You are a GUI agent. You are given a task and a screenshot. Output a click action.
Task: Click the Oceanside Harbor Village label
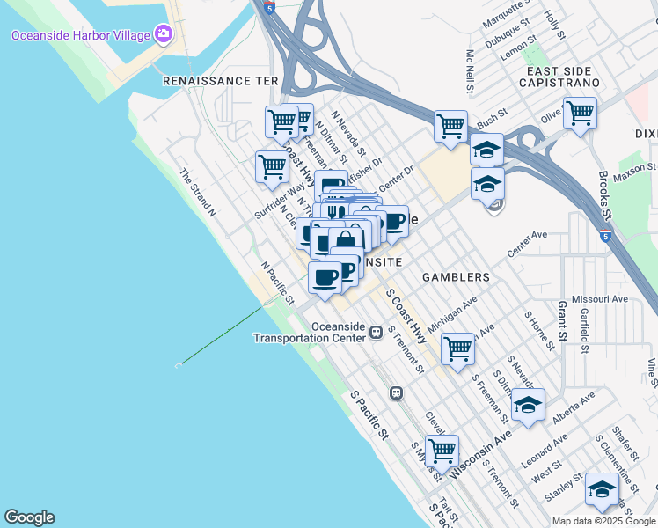click(79, 35)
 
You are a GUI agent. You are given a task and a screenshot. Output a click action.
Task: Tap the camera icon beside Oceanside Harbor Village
click(162, 34)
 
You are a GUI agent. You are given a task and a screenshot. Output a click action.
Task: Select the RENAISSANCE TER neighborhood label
click(220, 80)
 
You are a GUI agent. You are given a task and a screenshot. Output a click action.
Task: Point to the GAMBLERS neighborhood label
click(456, 277)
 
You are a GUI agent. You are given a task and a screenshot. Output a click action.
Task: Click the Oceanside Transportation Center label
click(308, 332)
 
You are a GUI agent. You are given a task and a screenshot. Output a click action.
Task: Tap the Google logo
click(29, 517)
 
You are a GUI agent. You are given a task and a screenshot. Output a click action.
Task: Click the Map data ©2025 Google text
click(604, 521)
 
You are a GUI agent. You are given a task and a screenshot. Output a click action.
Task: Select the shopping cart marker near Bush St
click(450, 125)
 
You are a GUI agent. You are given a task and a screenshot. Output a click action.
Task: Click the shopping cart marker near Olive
click(580, 113)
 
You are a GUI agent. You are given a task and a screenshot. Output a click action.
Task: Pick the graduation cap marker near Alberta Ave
click(527, 405)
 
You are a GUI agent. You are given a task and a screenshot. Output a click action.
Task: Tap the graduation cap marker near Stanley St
click(602, 489)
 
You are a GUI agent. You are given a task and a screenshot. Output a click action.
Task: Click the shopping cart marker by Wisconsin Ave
click(442, 451)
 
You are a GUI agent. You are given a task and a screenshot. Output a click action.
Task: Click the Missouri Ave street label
click(600, 299)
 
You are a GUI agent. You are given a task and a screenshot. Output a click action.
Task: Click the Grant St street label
click(561, 322)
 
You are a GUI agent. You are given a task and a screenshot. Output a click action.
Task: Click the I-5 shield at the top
click(268, 7)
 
